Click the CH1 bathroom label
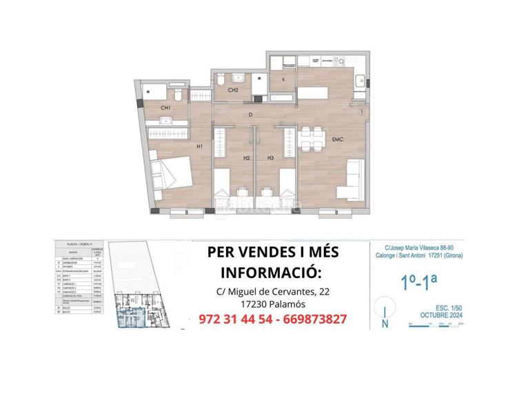(x=165, y=108)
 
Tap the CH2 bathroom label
(x=233, y=90)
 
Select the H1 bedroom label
(x=199, y=146)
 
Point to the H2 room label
(x=246, y=159)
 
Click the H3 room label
(x=271, y=159)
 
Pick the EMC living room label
(x=338, y=140)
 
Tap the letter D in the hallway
(x=251, y=115)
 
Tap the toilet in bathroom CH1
(x=177, y=92)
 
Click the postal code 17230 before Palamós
(x=243, y=305)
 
